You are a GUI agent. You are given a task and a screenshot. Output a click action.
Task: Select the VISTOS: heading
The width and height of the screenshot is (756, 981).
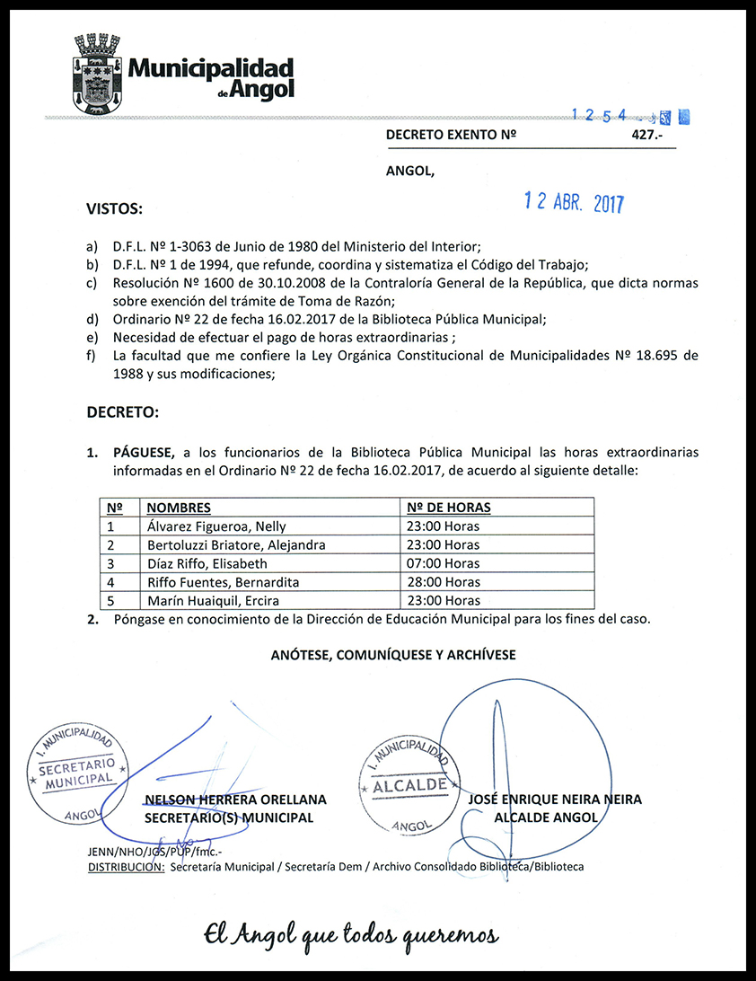click(x=114, y=209)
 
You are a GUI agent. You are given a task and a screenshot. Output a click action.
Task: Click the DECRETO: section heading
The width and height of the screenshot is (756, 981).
click(x=122, y=413)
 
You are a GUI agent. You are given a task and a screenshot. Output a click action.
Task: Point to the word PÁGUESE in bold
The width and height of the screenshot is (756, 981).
click(x=145, y=451)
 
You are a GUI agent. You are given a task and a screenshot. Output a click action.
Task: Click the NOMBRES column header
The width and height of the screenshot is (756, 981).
click(x=178, y=508)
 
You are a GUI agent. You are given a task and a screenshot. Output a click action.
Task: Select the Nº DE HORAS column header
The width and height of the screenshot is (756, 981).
click(x=449, y=508)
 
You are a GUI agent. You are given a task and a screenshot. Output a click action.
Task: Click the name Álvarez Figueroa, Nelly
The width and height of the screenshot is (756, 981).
click(x=216, y=526)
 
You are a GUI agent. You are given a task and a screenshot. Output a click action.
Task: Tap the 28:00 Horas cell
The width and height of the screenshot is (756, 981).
click(x=443, y=582)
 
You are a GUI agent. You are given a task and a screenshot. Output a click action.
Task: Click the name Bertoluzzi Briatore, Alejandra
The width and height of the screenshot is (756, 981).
click(x=235, y=545)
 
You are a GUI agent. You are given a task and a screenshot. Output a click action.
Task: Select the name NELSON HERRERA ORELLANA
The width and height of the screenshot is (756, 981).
click(x=235, y=800)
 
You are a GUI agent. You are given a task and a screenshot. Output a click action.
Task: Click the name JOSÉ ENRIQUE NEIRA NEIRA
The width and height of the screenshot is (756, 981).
click(x=555, y=800)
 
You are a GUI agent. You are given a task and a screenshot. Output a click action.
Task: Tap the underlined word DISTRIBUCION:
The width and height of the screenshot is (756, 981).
click(x=126, y=867)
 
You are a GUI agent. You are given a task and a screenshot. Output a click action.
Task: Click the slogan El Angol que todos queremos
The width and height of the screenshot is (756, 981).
click(x=350, y=934)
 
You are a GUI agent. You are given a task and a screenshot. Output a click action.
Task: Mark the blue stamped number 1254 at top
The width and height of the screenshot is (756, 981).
click(x=603, y=116)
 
